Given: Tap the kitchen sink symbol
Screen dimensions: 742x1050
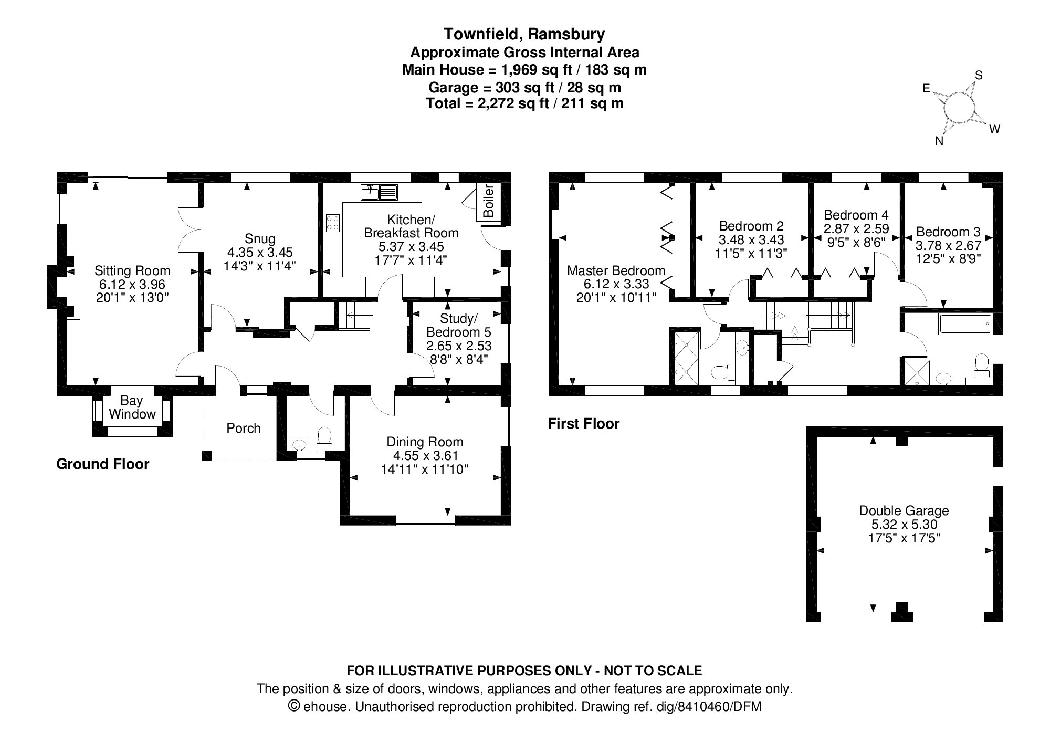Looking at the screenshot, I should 379,192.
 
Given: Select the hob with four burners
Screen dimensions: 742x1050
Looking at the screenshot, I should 332,223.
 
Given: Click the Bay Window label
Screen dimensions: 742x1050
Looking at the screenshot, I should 132,407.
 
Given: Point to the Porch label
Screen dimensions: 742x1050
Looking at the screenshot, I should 243,428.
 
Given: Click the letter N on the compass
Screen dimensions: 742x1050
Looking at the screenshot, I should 939,141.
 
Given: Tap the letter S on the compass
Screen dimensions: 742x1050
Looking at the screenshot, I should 979,76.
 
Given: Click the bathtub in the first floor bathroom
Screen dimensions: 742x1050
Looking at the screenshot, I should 964,325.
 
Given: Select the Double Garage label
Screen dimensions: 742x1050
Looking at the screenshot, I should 904,510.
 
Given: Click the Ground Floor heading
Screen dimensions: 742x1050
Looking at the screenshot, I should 102,464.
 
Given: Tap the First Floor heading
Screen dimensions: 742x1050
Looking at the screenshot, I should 583,424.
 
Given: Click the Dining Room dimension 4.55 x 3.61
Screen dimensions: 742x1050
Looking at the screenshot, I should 425,455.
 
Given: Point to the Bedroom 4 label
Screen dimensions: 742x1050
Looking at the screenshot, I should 856,215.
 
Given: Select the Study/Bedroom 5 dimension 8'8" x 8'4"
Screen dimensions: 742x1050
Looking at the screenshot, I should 458,360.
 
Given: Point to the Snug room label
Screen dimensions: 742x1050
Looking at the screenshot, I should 260,239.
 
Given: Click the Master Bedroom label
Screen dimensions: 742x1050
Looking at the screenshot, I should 616,270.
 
